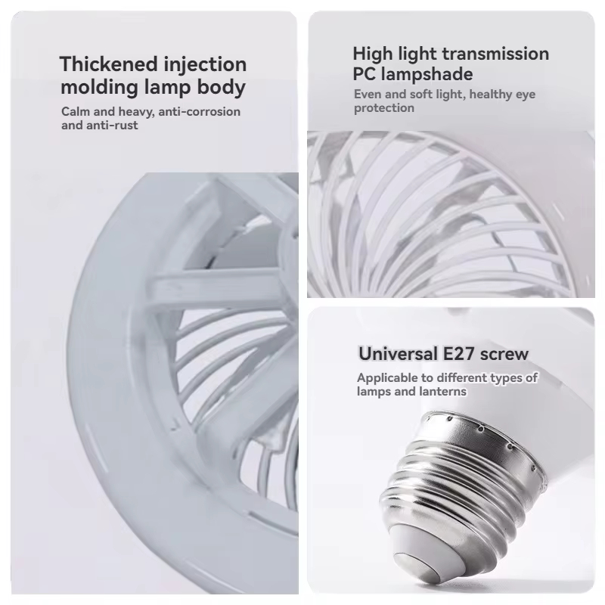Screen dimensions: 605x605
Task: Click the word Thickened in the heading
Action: pyautogui.click(x=108, y=64)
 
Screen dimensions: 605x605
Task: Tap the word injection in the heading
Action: pyautogui.click(x=205, y=65)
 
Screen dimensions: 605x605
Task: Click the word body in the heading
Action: pyautogui.click(x=221, y=87)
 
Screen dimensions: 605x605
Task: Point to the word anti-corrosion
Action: pyautogui.click(x=199, y=111)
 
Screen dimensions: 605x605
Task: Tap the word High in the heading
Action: pyautogui.click(x=372, y=54)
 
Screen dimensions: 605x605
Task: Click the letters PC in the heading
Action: pyautogui.click(x=364, y=74)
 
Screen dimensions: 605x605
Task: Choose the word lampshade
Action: pyautogui.click(x=427, y=75)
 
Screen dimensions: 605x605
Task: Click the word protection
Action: pyautogui.click(x=384, y=108)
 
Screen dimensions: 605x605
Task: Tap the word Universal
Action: pyautogui.click(x=398, y=353)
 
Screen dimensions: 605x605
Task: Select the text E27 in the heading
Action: pyautogui.click(x=458, y=353)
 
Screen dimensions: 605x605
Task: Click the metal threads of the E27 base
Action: pyautogui.click(x=455, y=486)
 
